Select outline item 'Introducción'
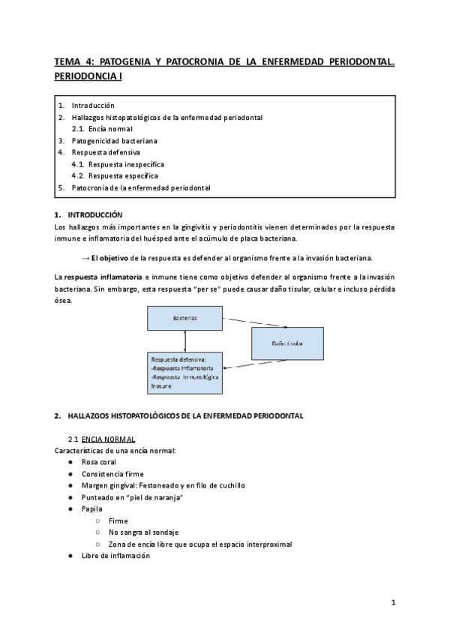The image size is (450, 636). (93, 106)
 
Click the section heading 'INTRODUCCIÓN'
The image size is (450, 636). (94, 214)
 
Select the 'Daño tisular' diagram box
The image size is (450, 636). (287, 343)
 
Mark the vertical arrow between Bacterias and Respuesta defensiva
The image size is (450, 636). (184, 341)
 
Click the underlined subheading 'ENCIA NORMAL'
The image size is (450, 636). (109, 438)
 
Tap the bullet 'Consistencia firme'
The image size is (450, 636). (112, 474)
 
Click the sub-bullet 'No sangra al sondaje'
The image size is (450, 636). (143, 532)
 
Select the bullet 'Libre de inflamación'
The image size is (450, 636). (115, 556)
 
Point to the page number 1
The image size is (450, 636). (393, 602)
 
